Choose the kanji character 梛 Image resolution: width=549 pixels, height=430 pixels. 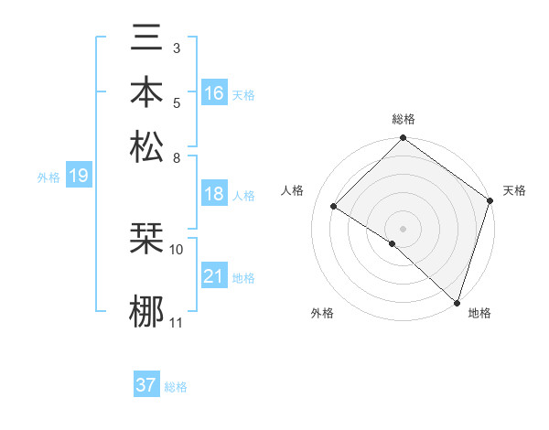click(146, 311)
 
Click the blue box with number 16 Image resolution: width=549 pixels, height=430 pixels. click(214, 93)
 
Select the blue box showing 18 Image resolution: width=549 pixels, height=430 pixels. click(214, 194)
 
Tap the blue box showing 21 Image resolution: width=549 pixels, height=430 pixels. click(214, 276)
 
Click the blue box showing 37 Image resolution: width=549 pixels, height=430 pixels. click(146, 385)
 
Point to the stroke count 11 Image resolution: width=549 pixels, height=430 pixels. click(177, 323)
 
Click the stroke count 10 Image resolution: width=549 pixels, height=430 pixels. click(177, 248)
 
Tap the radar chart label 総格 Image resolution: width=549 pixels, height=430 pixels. click(404, 119)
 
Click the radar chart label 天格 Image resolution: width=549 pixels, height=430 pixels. click(514, 190)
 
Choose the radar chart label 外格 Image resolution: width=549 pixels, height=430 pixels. click(322, 313)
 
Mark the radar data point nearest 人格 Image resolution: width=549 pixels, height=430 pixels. click(334, 207)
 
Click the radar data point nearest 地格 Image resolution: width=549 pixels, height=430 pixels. click(456, 301)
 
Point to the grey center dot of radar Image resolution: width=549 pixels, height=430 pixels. click(403, 228)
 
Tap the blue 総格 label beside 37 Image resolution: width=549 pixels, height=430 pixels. click(176, 387)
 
